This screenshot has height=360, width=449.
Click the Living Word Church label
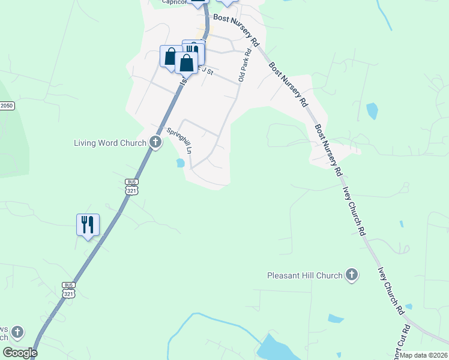(110, 143)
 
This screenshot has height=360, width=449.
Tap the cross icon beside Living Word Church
(155, 143)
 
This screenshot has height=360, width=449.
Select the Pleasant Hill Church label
(305, 275)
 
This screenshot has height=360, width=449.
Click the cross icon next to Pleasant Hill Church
(352, 275)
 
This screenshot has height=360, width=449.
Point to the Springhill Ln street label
(179, 141)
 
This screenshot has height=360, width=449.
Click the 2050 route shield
(7, 106)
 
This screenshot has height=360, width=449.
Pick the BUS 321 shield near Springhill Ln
(132, 187)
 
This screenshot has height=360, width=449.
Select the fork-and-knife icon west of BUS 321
(88, 225)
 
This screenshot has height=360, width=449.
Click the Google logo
(20, 353)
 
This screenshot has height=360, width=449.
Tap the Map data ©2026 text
(424, 355)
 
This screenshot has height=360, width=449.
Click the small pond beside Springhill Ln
(180, 163)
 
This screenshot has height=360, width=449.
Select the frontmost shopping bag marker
(186, 62)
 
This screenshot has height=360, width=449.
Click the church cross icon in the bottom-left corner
(17, 332)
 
